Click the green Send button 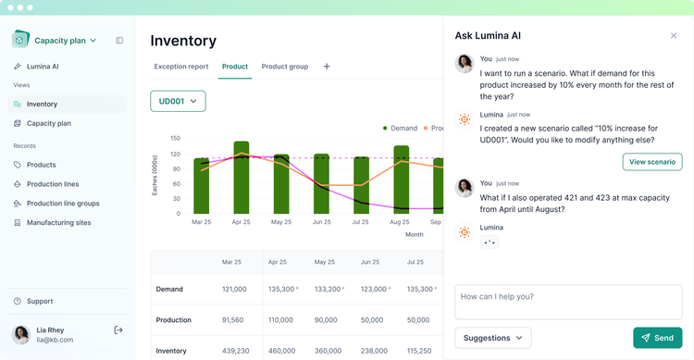[x=657, y=338]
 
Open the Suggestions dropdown [x=493, y=338]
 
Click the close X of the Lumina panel [x=673, y=35]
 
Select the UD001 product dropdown [x=178, y=101]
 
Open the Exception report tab [x=180, y=67]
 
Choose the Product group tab [x=284, y=67]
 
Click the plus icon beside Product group [x=327, y=67]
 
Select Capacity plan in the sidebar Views [x=48, y=123]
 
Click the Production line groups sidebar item [x=62, y=203]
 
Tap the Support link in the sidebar [x=40, y=301]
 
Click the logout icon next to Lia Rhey [x=118, y=330]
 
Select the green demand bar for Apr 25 [x=242, y=178]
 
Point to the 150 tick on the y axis [x=175, y=139]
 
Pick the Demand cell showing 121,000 [x=233, y=289]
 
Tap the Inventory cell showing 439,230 [x=233, y=351]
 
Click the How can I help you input [x=568, y=302]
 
